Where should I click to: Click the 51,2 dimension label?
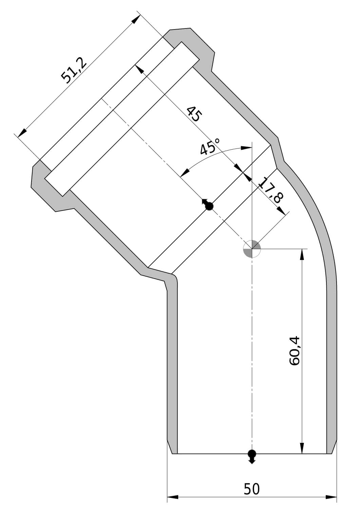pos(74,71)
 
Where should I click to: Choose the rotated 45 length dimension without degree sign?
pos(194,114)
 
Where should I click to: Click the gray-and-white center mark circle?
pos(251,249)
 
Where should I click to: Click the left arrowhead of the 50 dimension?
pos(173,503)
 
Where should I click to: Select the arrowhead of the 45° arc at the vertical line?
pos(246,148)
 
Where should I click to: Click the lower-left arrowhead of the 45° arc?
pos(184,173)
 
